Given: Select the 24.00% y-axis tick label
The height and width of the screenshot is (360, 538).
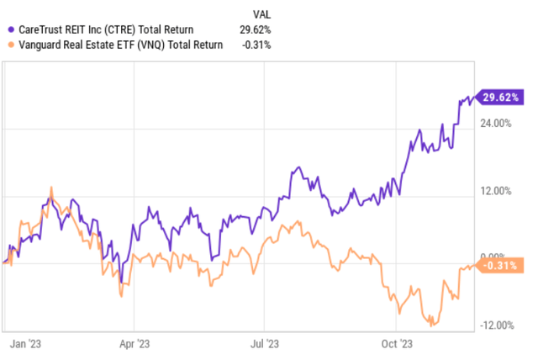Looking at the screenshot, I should point(498,124).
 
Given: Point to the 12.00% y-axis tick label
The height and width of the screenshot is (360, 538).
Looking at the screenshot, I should point(498,191).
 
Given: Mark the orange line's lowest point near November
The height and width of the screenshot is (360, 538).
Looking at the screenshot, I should point(431,325).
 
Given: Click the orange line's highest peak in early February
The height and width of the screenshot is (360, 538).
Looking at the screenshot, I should point(52,188).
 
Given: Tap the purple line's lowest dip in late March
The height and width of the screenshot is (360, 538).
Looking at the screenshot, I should point(121,283).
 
